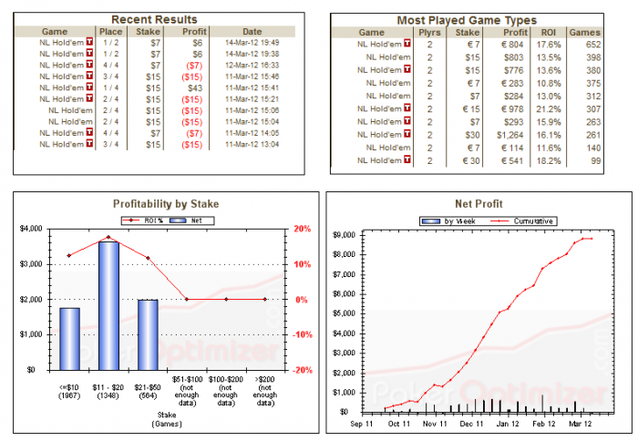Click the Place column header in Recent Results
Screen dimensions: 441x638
coord(111,31)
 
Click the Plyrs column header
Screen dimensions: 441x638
coord(430,32)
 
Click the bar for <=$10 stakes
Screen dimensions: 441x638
coord(70,338)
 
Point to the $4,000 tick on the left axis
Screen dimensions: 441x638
coord(32,229)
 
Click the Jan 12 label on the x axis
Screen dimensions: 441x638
coord(507,425)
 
